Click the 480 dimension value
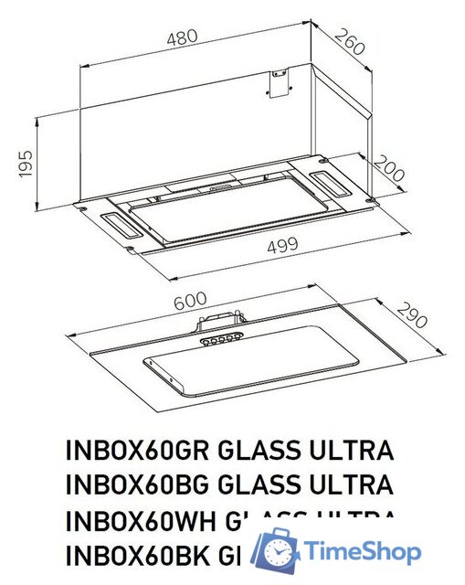point(182,39)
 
